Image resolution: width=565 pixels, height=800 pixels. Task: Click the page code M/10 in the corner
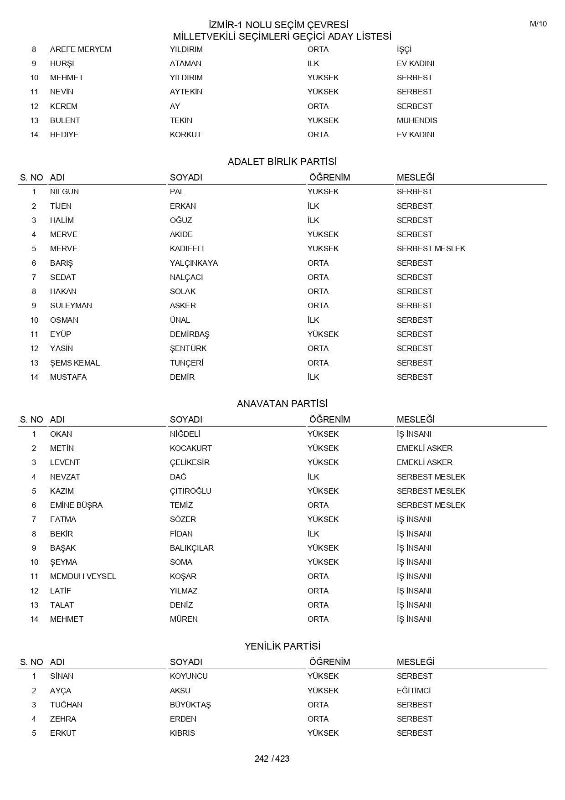[538, 24]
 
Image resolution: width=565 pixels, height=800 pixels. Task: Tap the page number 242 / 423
[272, 759]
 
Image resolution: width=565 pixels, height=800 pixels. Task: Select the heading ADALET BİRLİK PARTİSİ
[282, 162]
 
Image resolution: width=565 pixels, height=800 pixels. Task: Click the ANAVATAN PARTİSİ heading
[282, 404]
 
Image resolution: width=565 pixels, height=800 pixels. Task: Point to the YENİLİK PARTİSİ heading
[282, 646]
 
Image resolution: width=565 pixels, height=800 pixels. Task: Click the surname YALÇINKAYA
[194, 263]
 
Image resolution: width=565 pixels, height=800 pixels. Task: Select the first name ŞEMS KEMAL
[75, 363]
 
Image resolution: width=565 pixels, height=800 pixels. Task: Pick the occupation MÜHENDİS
[417, 120]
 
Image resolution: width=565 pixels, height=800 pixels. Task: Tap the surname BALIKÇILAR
[192, 548]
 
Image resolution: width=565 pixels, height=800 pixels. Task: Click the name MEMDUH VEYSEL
[83, 576]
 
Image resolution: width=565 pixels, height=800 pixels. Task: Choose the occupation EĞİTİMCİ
[414, 691]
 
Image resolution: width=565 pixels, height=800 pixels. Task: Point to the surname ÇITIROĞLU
[190, 491]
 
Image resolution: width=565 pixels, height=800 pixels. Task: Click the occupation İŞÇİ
[404, 49]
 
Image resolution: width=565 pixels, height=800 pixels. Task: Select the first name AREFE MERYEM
[81, 49]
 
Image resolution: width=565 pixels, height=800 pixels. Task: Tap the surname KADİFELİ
[187, 248]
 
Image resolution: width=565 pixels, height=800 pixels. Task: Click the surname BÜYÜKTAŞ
[190, 705]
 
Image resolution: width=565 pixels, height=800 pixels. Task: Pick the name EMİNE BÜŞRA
[76, 505]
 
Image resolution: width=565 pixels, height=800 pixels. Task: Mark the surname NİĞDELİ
[185, 434]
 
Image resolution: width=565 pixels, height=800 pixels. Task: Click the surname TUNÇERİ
[186, 363]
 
